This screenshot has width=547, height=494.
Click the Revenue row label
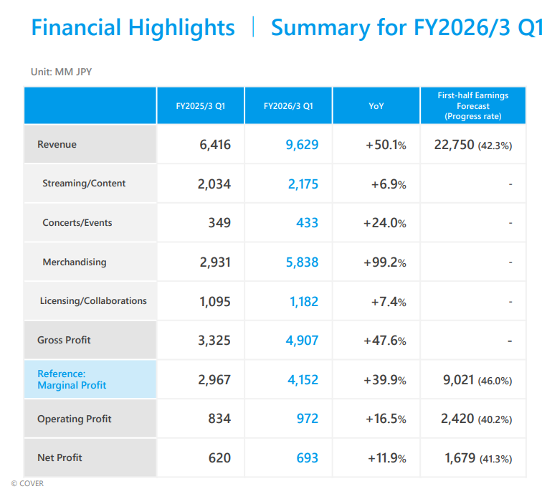point(57,144)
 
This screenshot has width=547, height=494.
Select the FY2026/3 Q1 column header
point(288,105)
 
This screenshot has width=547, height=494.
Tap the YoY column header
point(376,105)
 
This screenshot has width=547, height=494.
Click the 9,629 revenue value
point(302,145)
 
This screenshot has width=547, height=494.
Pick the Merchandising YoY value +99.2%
point(385,262)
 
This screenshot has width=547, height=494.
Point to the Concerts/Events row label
point(77,223)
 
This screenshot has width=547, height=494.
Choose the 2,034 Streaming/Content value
point(214,184)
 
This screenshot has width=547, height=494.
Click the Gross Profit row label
point(64,340)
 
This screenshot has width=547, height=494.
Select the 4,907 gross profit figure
point(302,340)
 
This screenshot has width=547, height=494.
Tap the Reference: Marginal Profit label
point(72,379)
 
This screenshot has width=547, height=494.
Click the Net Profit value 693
point(307,458)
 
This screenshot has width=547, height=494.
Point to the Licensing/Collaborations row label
point(93,301)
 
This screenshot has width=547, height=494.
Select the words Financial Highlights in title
point(133,28)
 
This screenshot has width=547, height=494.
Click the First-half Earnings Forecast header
point(472,105)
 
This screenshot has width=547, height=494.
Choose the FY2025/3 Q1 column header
point(201,105)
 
